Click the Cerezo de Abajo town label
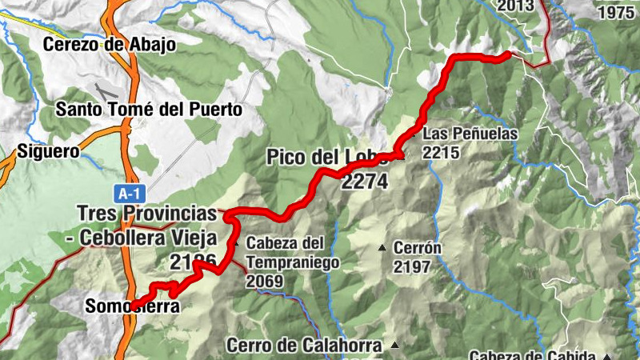pyautogui.click(x=110, y=45)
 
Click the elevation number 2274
pyautogui.click(x=364, y=182)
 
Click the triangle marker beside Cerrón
pyautogui.click(x=382, y=247)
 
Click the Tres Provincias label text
pyautogui.click(x=147, y=214)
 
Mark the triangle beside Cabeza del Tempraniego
pyautogui.click(x=236, y=242)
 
